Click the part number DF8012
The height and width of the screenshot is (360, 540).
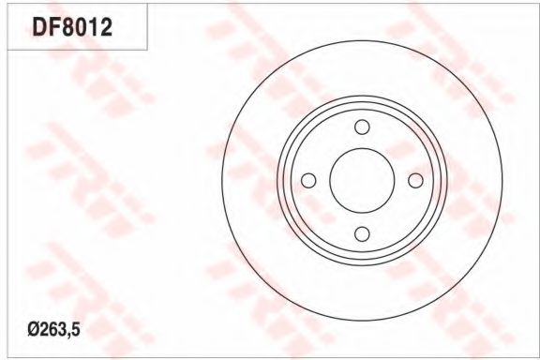pos(72,27)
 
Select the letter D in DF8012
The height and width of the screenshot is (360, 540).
pos(39,27)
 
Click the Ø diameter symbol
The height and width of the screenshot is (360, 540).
pos(34,330)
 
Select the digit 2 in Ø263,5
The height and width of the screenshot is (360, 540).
pos(44,330)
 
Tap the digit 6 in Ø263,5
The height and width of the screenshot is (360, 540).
pos(53,330)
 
